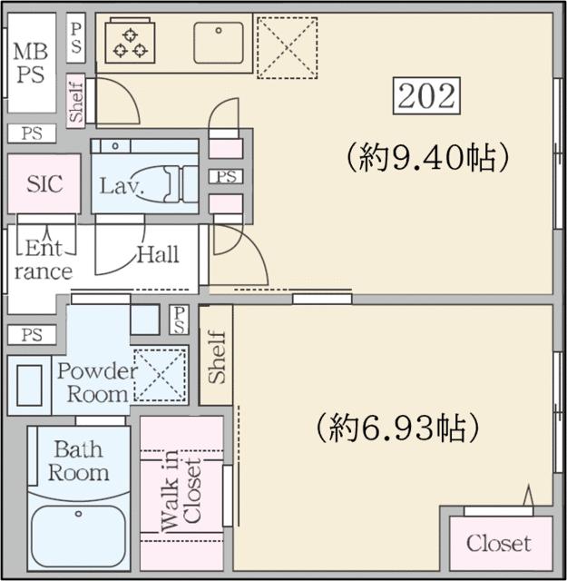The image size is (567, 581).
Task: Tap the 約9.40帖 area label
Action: click(x=424, y=158)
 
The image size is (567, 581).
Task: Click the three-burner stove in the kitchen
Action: click(x=129, y=42)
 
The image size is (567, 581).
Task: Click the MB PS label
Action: click(x=29, y=63)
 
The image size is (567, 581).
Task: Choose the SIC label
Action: click(x=44, y=183)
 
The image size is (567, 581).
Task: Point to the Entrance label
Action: click(x=44, y=259)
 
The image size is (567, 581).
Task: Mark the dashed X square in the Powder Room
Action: click(x=160, y=373)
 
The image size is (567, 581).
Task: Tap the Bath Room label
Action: click(x=78, y=461)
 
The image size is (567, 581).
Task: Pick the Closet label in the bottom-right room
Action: click(x=498, y=544)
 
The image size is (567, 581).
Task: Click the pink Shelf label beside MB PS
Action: click(x=76, y=101)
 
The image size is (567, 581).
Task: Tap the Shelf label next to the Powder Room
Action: click(x=216, y=361)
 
